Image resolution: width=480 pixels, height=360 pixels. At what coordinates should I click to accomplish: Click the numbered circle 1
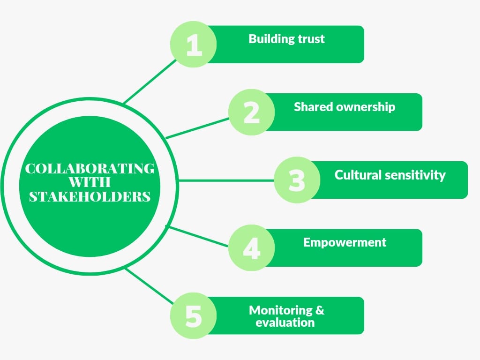pyautogui.click(x=193, y=45)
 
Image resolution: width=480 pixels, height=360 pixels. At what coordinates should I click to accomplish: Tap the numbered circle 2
pyautogui.click(x=252, y=112)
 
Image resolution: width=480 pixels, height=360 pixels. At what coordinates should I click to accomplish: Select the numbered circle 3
pyautogui.click(x=297, y=180)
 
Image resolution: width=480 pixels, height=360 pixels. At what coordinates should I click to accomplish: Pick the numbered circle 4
pyautogui.click(x=252, y=248)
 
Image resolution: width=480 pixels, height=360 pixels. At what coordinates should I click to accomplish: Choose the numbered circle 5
pyautogui.click(x=193, y=316)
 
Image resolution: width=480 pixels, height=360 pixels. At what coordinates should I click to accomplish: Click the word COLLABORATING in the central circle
pyautogui.click(x=90, y=169)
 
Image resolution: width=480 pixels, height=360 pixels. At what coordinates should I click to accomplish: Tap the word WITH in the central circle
pyautogui.click(x=90, y=182)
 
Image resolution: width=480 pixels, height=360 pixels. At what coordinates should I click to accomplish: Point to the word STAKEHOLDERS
pyautogui.click(x=90, y=196)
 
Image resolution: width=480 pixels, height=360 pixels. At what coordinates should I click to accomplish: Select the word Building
pyautogui.click(x=270, y=38)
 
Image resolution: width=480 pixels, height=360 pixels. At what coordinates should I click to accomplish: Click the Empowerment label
pyautogui.click(x=345, y=242)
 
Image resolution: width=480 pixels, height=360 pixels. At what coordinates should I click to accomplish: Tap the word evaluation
pyautogui.click(x=285, y=322)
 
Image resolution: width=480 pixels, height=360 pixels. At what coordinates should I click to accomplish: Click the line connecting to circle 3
pyautogui.click(x=225, y=180)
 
